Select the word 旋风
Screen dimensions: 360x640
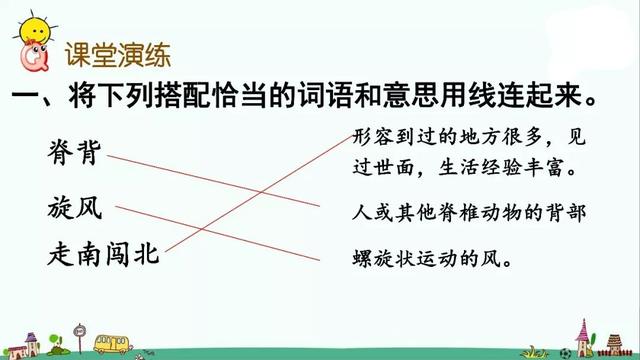pos(74,209)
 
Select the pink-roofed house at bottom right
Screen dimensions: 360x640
pos(584,336)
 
